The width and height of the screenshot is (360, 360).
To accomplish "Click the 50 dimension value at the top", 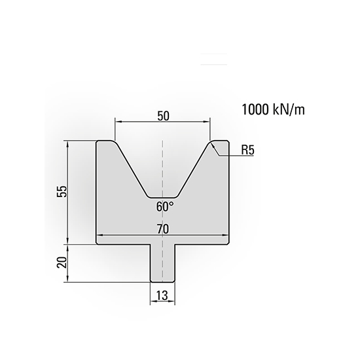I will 163,115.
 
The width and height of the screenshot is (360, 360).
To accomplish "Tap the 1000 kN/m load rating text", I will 274,109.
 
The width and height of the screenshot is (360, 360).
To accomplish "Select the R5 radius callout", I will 247,150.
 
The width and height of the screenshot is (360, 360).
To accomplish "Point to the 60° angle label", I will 165,206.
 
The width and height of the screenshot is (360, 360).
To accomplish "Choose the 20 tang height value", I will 61,262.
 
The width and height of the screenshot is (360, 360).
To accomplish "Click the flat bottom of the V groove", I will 162,196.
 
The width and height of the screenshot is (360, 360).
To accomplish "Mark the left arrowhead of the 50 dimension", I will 117,121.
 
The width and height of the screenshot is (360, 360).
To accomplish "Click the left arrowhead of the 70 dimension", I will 99,236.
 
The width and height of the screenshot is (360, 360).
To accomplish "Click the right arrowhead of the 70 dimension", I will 226,236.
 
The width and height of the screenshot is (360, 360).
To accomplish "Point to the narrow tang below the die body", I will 162,262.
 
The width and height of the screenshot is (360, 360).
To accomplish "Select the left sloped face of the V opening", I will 130,168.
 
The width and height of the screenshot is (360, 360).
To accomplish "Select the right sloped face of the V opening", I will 194,168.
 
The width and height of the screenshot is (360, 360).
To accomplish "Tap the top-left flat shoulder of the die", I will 105,141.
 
